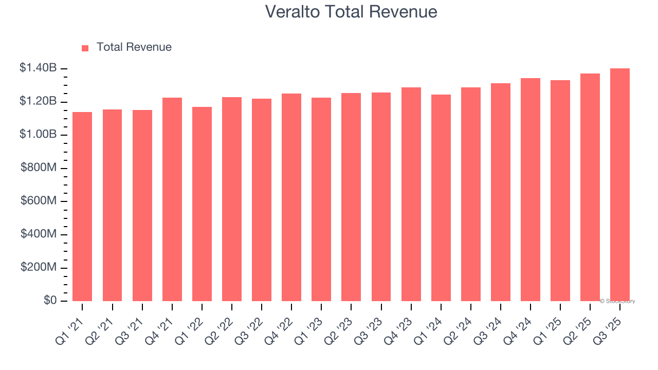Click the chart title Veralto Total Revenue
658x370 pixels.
[351, 12]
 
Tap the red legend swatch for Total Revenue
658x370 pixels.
[85, 48]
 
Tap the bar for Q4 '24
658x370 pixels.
[531, 190]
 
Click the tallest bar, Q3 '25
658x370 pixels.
[620, 185]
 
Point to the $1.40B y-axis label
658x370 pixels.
[38, 68]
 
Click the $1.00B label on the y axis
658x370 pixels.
[38, 135]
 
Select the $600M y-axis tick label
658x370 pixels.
[39, 201]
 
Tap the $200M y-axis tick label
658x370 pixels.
[39, 268]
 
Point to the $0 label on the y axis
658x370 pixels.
[50, 301]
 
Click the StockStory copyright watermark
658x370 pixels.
[617, 301]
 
